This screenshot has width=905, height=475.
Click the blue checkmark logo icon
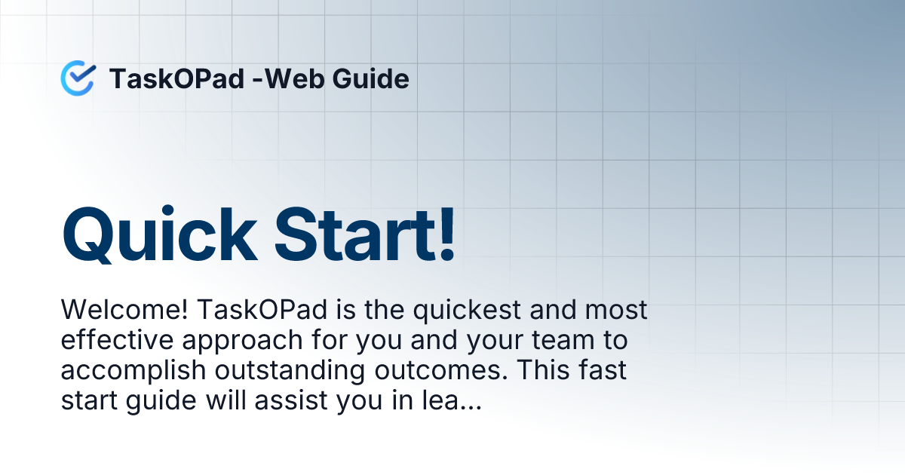click(78, 78)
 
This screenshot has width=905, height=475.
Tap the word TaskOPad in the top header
click(176, 78)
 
